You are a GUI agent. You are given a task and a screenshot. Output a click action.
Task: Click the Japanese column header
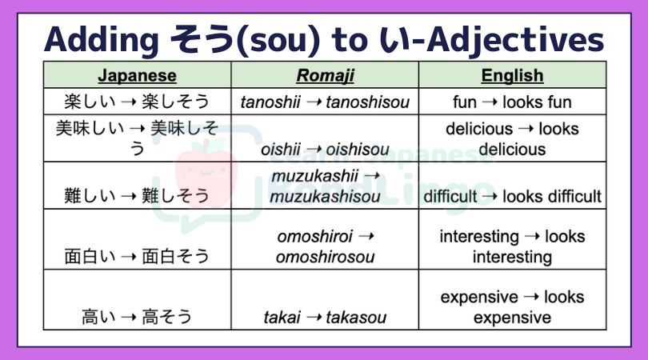[138, 75]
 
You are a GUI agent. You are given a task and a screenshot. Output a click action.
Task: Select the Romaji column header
[326, 75]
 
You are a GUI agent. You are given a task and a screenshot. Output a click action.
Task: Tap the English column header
[513, 75]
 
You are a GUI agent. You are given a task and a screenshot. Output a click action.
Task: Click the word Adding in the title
[102, 40]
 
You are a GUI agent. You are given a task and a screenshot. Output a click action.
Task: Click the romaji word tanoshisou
[367, 102]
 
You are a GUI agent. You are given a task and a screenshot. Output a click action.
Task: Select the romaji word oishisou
[358, 150]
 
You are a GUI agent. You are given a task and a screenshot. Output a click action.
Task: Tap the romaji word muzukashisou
[326, 196]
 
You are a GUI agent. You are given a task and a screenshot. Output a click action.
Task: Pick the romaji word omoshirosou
[326, 257]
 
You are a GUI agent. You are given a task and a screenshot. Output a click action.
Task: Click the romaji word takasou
[356, 318]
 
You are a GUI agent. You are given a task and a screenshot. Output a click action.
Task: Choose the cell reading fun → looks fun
[513, 102]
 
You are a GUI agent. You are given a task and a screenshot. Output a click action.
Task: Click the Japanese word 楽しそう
[176, 102]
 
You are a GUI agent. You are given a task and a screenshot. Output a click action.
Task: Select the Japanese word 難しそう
[176, 196]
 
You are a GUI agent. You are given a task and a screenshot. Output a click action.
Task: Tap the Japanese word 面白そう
[176, 256]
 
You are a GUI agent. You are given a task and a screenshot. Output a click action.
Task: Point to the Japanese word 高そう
[167, 317]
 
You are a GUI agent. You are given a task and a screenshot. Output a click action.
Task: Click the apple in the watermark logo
[206, 174]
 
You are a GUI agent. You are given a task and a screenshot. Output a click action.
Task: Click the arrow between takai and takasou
[314, 318]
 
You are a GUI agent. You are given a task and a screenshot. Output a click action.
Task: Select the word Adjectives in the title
[515, 41]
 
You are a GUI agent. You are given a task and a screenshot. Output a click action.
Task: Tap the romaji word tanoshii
[270, 102]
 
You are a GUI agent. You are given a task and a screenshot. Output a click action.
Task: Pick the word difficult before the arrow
[450, 196]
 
